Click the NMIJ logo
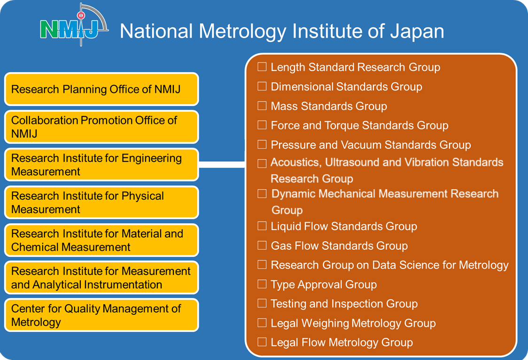(74, 25)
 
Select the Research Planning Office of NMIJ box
(101, 89)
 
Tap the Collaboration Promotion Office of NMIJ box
(101, 127)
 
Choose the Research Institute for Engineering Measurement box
(101, 165)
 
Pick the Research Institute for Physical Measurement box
(101, 203)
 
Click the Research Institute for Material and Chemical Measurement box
(101, 240)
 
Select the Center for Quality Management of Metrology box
(101, 315)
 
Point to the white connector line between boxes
(222, 165)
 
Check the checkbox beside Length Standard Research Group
(262, 67)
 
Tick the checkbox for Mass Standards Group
(262, 106)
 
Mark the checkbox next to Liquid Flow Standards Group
(262, 226)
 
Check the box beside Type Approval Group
(262, 284)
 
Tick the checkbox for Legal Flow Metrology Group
(262, 342)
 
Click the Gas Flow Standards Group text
(339, 246)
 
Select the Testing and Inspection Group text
(344, 304)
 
